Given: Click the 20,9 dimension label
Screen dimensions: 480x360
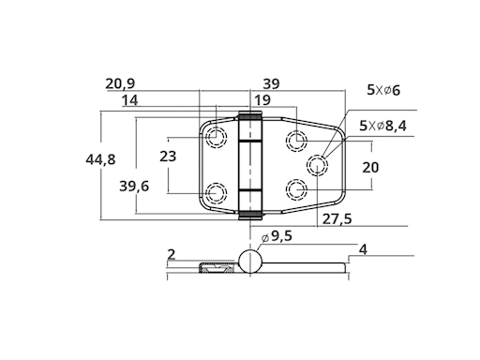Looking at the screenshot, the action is click(x=120, y=83).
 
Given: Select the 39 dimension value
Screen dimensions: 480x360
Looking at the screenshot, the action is click(x=271, y=83).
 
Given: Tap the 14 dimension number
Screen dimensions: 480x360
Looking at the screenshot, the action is click(x=129, y=100).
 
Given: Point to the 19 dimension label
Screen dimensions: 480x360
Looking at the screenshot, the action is click(x=262, y=100).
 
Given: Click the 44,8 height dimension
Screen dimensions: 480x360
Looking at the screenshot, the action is click(x=100, y=159).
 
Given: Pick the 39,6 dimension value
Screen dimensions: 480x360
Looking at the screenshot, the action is click(x=134, y=187).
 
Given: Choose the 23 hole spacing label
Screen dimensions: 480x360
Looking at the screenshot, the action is click(x=168, y=156).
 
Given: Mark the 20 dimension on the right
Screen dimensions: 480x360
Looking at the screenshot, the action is click(x=370, y=168).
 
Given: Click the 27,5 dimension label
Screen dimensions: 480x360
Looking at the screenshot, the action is click(x=337, y=219).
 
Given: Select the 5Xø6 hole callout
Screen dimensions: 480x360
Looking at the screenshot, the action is click(x=383, y=90).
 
